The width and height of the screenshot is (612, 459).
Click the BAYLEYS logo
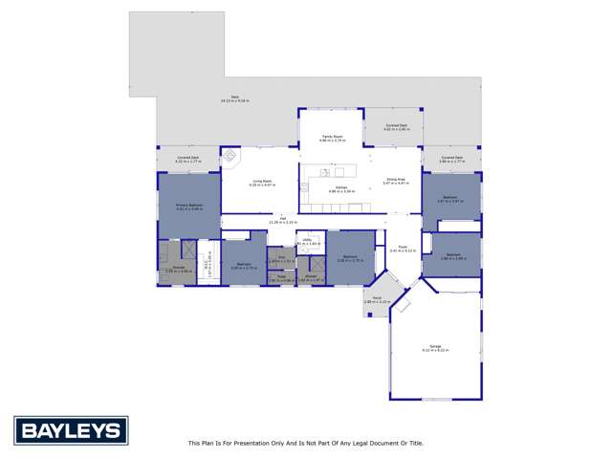pos(67,428)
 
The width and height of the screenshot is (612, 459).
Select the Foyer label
pos(400,249)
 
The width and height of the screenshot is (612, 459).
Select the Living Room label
pos(262,183)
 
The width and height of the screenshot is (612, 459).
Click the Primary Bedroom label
pos(188,206)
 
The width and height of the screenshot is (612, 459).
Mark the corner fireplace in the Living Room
pos(229,158)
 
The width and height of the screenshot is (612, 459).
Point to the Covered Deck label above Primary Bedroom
pos(188,160)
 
